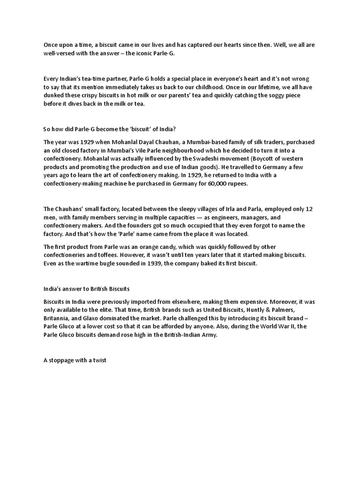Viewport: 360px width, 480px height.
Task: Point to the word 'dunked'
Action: click(x=54, y=96)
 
